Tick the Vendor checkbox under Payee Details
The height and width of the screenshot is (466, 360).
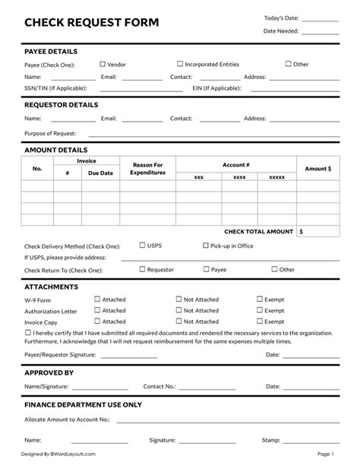click(101, 64)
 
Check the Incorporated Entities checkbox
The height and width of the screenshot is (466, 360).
click(180, 64)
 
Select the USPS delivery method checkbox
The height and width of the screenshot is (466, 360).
click(142, 246)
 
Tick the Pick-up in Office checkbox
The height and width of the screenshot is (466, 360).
click(205, 246)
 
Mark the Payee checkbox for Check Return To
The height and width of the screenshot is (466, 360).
click(205, 268)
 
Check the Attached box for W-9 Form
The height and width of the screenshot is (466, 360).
click(96, 299)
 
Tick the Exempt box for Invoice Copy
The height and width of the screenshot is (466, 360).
click(259, 322)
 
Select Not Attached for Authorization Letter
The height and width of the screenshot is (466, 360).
click(179, 310)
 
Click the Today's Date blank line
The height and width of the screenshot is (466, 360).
click(322, 20)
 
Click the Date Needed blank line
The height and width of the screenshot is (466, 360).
click(322, 33)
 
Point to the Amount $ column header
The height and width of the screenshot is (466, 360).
click(317, 169)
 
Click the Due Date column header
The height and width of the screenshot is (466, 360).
click(100, 173)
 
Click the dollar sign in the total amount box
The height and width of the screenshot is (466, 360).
click(302, 230)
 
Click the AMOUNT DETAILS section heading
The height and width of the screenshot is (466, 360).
click(55, 150)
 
